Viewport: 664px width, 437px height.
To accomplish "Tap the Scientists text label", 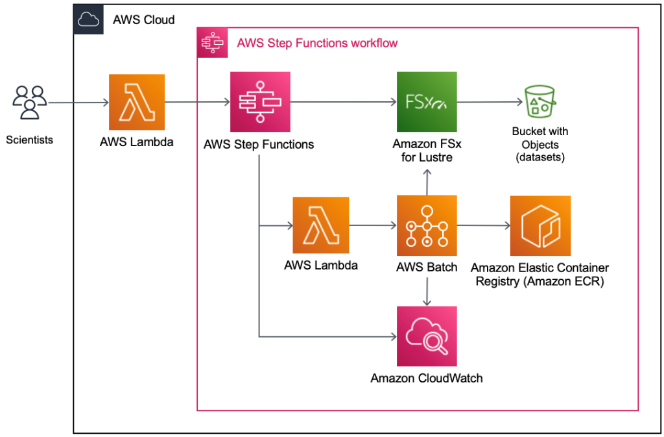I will (29, 140).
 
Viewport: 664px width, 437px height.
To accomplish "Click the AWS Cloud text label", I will (143, 20).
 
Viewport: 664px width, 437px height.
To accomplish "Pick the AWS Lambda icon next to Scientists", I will (136, 102).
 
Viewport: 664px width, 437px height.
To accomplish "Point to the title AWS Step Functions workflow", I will (317, 44).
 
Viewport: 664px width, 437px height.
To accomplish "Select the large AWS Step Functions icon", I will (259, 102).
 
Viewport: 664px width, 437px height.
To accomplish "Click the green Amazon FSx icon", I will (426, 102).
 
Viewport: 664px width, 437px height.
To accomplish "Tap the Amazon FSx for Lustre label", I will (427, 150).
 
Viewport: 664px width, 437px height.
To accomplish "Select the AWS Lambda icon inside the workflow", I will (321, 225).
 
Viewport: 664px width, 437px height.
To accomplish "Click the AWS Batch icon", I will (426, 225).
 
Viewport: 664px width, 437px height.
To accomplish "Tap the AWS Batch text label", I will (427, 267).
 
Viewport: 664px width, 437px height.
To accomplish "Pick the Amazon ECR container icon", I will (540, 225).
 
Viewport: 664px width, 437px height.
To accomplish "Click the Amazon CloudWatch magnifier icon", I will (426, 337).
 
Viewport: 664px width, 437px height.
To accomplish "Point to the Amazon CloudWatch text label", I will (426, 378).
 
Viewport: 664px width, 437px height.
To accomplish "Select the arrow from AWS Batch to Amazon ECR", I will (483, 226).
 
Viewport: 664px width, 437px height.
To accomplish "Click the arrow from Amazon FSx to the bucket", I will (490, 102).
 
